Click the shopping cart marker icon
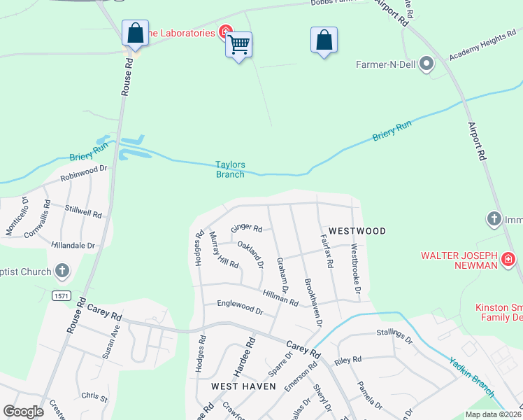pyautogui.click(x=240, y=45)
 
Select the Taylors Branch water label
pyautogui.click(x=229, y=169)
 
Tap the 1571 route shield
pyautogui.click(x=61, y=296)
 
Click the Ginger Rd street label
pyautogui.click(x=246, y=228)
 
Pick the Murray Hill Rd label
pyautogui.click(x=224, y=250)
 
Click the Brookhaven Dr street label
pyautogui.click(x=312, y=302)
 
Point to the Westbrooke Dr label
pyautogui.click(x=356, y=269)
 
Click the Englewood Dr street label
pyautogui.click(x=240, y=306)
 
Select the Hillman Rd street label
pyautogui.click(x=280, y=297)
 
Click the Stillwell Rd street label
pyautogui.click(x=83, y=209)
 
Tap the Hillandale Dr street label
pyautogui.click(x=73, y=246)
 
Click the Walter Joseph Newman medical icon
pyautogui.click(x=508, y=262)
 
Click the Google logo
pyautogui.click(x=23, y=411)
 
